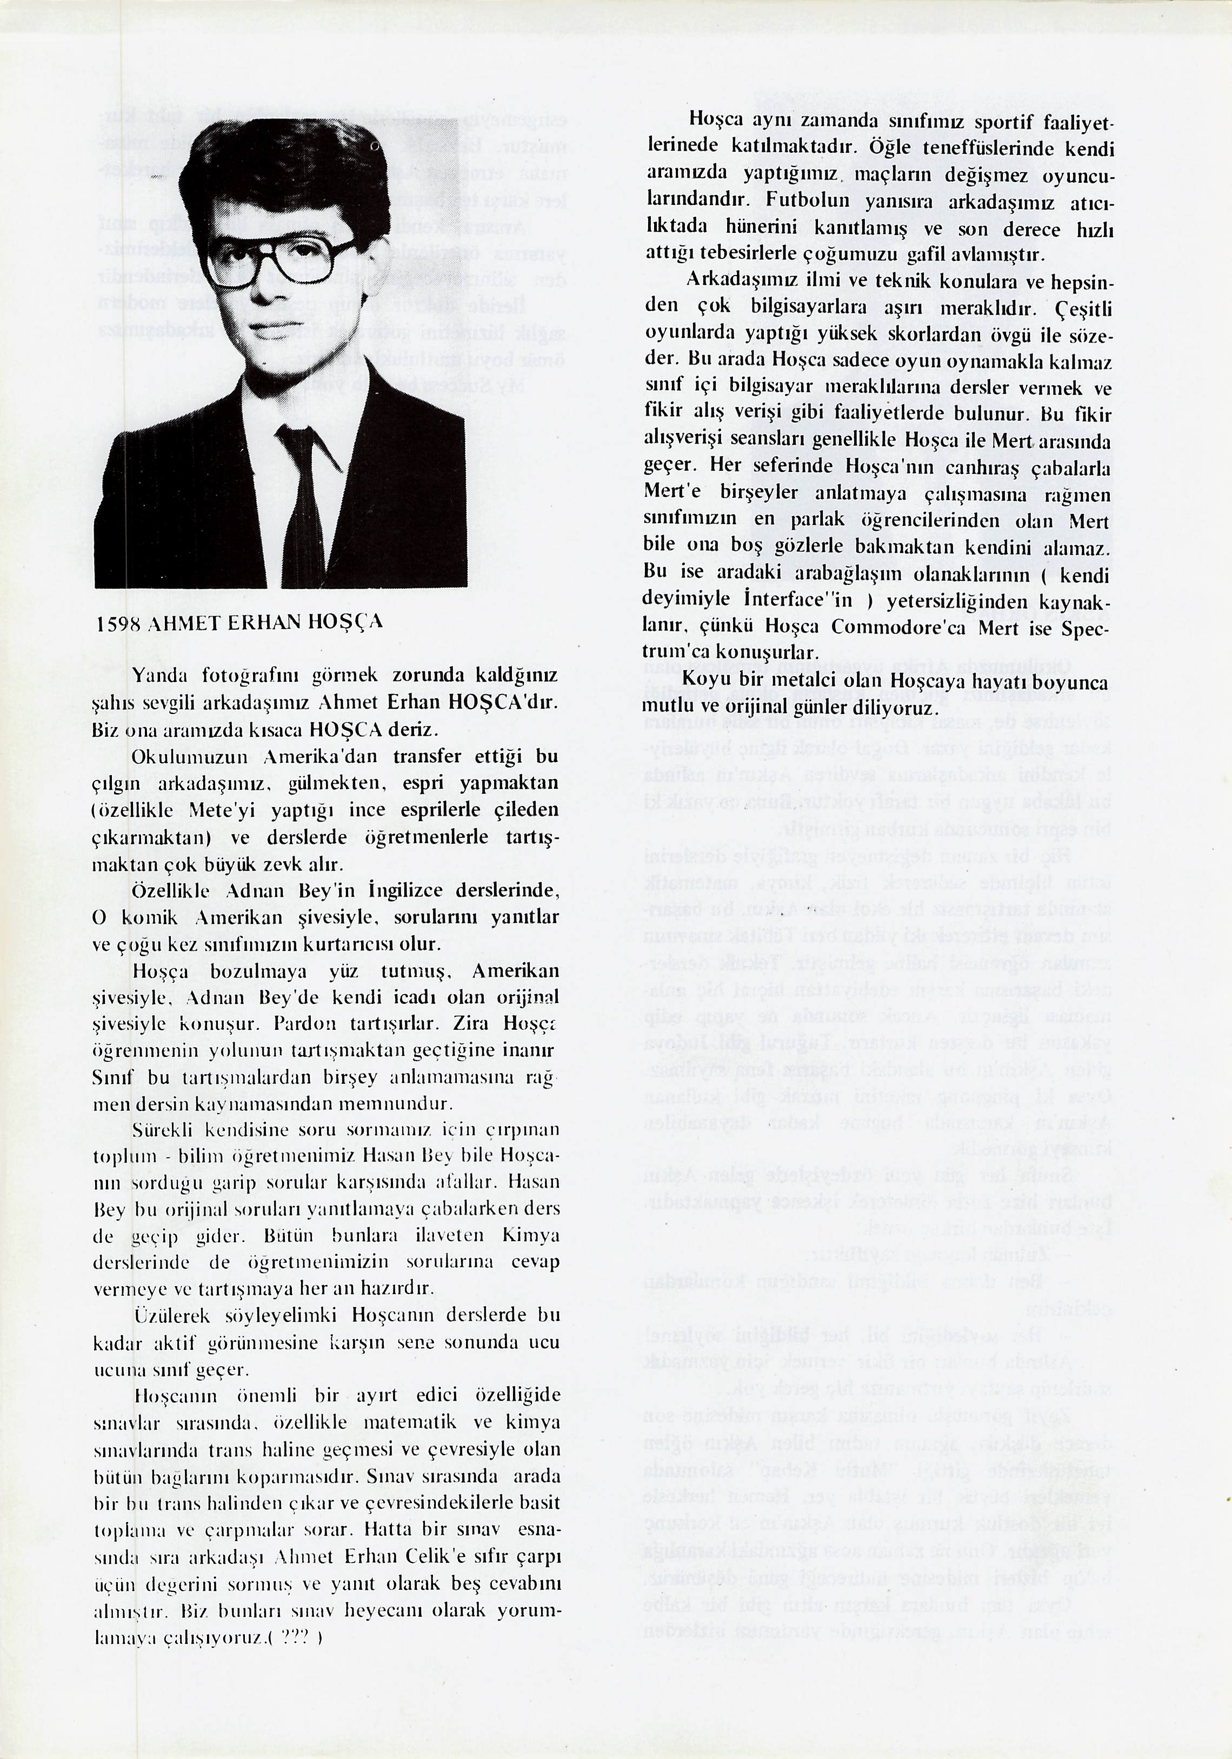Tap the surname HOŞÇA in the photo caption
(x=345, y=622)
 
